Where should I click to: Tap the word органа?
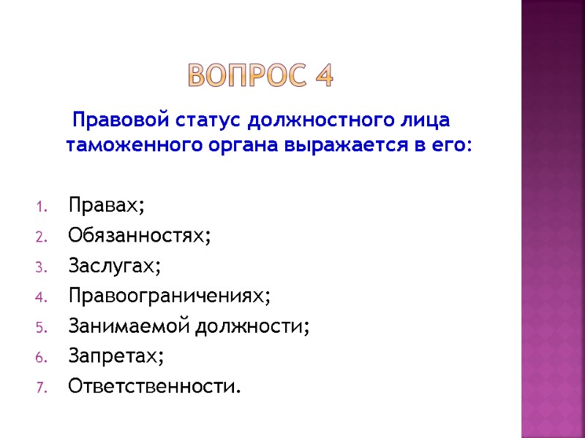pyautogui.click(x=238, y=145)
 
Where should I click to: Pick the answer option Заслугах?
pyautogui.click(x=113, y=266)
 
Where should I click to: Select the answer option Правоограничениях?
pyautogui.click(x=169, y=296)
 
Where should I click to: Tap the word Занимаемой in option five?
pyautogui.click(x=129, y=326)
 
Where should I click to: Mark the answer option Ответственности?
pyautogui.click(x=154, y=385)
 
